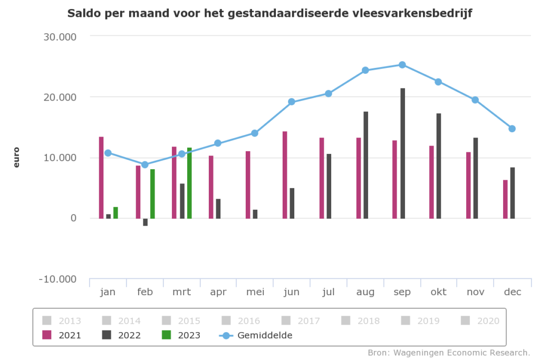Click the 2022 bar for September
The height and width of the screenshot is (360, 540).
403,153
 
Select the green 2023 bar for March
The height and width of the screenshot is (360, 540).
189,183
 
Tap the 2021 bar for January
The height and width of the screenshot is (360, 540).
101,178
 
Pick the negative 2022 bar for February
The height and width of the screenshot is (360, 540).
145,222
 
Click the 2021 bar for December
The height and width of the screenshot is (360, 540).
505,199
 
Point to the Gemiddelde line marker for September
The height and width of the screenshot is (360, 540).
402,65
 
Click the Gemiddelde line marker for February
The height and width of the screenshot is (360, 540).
145,164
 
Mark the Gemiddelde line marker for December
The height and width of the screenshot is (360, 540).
512,129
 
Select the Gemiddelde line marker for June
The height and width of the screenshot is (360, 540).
291,102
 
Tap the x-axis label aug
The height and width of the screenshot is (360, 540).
365,292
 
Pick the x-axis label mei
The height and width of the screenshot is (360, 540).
255,292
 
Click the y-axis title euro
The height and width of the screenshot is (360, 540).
16,158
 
